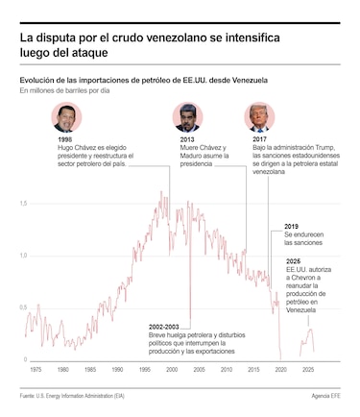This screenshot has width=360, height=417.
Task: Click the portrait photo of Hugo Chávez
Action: tap(67, 117)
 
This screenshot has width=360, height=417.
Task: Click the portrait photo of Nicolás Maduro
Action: tap(187, 117)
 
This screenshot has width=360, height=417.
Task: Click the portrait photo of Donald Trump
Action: tap(259, 117)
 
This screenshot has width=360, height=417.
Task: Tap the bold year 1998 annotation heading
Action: tap(65, 139)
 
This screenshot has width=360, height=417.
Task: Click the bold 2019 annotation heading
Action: tap(291, 227)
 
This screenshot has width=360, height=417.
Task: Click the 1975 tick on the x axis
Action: tap(36, 369)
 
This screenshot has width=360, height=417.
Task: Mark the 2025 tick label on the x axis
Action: tap(309, 369)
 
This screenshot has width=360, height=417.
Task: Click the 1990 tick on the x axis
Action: tap(118, 369)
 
